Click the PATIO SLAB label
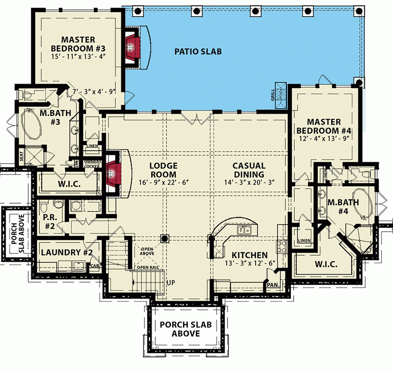coord(198,51)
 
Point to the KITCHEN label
coord(249,255)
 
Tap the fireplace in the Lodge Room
coord(112,173)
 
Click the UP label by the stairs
coord(171,282)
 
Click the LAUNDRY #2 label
coord(68,253)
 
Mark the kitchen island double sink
coord(244,230)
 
